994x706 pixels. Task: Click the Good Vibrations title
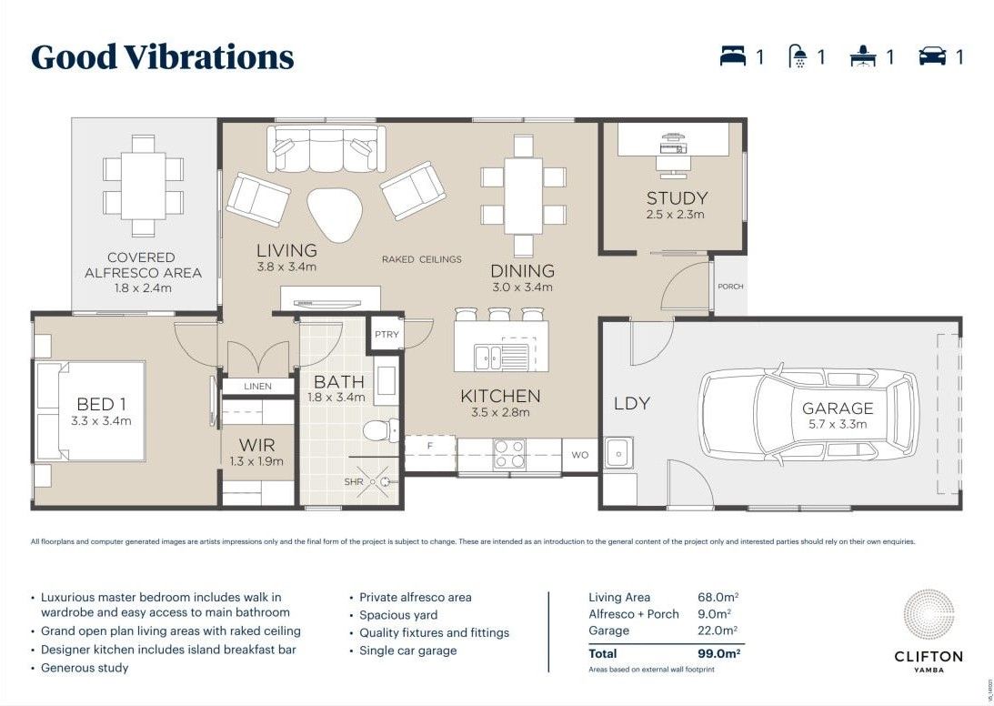pos(163,57)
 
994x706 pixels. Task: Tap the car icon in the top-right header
pos(932,57)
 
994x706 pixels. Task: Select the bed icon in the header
pos(733,57)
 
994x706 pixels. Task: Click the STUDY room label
pos(677,198)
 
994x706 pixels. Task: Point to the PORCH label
pos(730,287)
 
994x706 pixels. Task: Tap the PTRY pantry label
pos(387,335)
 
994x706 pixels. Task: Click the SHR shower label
pos(354,481)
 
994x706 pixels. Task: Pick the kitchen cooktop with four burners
pos(511,454)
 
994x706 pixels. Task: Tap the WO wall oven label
pos(579,454)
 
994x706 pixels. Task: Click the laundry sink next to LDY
pos(619,450)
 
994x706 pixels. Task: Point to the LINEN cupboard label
pos(257,387)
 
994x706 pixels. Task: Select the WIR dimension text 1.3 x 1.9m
pos(256,461)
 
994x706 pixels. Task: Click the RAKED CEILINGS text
pos(421,259)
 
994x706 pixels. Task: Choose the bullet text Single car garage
pos(408,651)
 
